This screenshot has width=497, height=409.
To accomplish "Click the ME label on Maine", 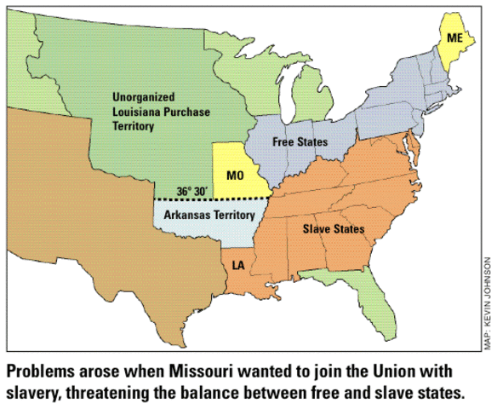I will tap(456, 38).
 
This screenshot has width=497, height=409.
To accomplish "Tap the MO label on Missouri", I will tap(236, 176).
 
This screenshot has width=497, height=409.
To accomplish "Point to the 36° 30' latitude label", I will tap(191, 191).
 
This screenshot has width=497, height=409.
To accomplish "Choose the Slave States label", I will tap(334, 229).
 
